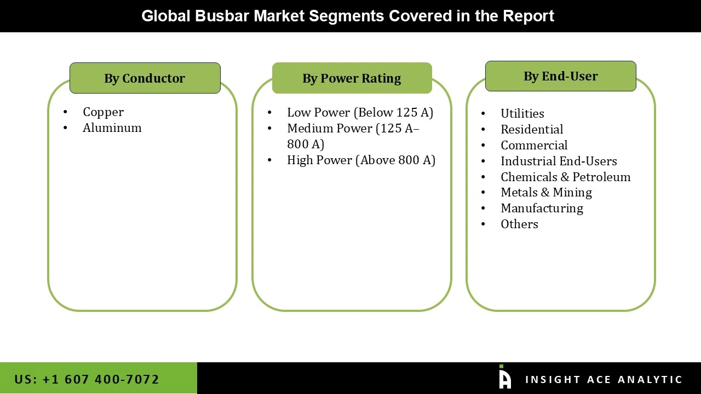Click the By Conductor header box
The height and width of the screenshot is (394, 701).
pos(145,78)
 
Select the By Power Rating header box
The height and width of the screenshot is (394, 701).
pos(352,78)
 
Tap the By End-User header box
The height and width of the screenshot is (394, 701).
pos(560,76)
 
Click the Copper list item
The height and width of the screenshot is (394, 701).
pos(103,112)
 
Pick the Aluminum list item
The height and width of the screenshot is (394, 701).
pos(112,128)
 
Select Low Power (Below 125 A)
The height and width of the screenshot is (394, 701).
pos(360,113)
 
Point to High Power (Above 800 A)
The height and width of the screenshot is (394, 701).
pos(361,160)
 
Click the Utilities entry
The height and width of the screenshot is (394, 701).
pos(522,114)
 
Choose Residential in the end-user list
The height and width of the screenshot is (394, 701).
pos(531,130)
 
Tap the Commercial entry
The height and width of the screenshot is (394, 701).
pos(533,146)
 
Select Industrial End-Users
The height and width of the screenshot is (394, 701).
pos(558,161)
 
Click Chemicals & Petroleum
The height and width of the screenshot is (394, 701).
pos(565,177)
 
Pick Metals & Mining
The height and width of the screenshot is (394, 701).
pos(546,193)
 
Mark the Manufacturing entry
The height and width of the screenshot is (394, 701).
pos(542,208)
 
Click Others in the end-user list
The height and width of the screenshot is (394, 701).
pos(519,224)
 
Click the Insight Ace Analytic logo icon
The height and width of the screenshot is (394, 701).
pos(504,378)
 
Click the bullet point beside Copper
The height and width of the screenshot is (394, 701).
pos(66,112)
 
